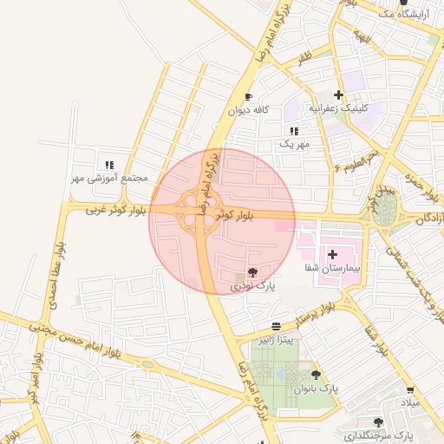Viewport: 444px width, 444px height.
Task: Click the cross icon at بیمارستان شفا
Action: coord(333,255)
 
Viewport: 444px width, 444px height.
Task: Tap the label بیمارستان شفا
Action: coord(333,269)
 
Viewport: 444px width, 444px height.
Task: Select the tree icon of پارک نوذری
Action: coord(253,272)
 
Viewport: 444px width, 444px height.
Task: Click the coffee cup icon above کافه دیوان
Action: coord(249,97)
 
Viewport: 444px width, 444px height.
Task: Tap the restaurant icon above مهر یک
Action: coord(294,130)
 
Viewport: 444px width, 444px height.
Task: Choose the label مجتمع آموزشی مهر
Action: coord(110,178)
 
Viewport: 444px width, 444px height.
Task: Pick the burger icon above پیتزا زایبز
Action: coord(276,326)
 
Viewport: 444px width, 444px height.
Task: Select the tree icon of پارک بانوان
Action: coord(316,375)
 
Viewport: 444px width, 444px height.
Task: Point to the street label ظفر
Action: coord(304,58)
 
